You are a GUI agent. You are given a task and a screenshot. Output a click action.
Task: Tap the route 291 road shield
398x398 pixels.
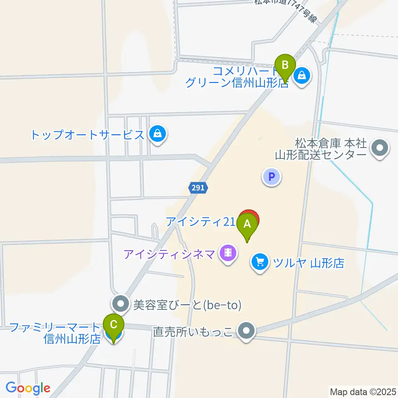coord(198,188)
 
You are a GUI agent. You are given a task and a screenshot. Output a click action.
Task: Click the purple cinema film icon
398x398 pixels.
coord(228,252)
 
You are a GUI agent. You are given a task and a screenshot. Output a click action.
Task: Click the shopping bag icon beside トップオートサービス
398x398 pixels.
coord(158,134)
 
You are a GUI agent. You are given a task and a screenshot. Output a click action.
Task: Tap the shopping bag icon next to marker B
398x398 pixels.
coord(302,76)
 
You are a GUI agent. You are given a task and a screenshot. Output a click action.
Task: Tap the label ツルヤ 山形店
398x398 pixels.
coord(308,263)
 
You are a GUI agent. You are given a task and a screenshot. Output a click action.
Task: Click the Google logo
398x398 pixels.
coord(28,388)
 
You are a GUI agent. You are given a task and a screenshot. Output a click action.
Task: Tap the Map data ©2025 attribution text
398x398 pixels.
coord(363,391)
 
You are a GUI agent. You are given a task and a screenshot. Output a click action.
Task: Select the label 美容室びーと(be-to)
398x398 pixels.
coord(187,306)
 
